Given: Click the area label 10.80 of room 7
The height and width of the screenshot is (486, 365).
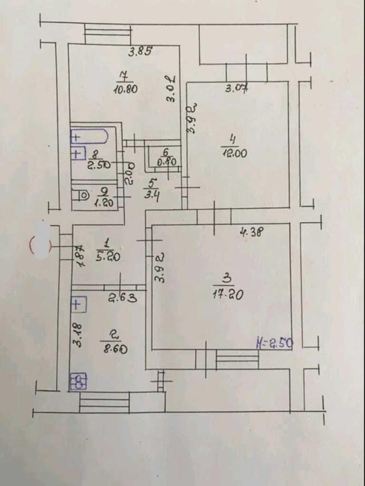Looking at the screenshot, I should (x=126, y=88).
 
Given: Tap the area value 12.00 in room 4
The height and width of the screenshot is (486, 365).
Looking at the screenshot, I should (x=234, y=153).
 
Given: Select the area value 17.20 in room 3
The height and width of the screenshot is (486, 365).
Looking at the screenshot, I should (x=229, y=294).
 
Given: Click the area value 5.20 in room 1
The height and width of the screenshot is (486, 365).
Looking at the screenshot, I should (x=108, y=257).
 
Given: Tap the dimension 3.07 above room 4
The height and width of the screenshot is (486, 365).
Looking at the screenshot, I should (x=236, y=88).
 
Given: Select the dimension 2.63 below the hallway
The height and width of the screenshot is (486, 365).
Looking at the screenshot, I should (x=123, y=298).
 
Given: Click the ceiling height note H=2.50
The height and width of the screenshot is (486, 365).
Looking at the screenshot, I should (x=274, y=343).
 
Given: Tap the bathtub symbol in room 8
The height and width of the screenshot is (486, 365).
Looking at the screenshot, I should (x=90, y=137).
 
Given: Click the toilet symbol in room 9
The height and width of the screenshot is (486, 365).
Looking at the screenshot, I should (x=82, y=194).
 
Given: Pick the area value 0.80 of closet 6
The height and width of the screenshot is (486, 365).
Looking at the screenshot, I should (x=167, y=161).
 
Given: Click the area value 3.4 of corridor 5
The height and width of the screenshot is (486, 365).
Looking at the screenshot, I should (x=152, y=194).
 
